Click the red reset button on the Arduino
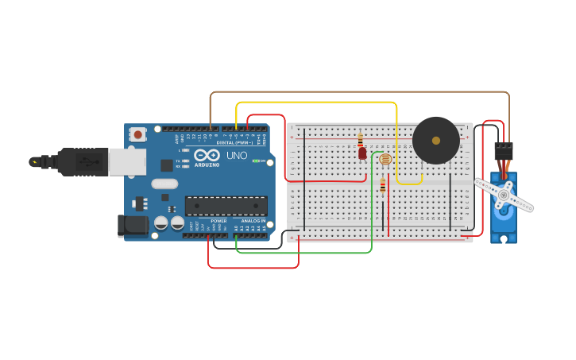138,135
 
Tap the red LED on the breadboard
362,153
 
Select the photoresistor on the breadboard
385,159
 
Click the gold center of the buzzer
435,140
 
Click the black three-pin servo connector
504,151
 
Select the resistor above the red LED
360,138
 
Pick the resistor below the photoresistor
383,187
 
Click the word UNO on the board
237,156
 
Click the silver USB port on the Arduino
127,161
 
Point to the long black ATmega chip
226,206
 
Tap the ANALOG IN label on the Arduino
253,221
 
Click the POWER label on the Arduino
218,221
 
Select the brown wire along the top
358,92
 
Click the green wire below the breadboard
318,253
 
